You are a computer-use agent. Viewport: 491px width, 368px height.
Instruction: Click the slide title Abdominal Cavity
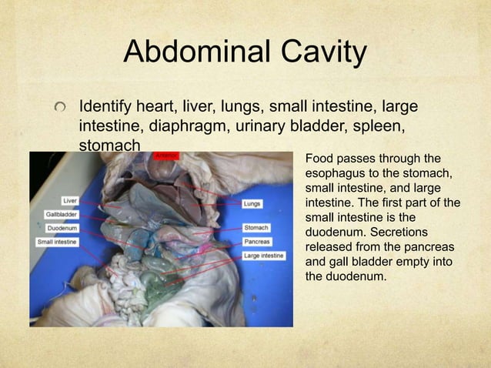coord(245,52)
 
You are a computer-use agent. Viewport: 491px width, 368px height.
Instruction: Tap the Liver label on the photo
coord(70,201)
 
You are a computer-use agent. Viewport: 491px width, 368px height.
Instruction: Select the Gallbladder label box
coord(60,215)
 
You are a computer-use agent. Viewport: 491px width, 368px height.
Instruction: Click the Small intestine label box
coord(56,242)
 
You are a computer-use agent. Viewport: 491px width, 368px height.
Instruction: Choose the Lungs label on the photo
coord(252,204)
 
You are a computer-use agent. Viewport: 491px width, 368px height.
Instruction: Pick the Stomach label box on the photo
coord(256,228)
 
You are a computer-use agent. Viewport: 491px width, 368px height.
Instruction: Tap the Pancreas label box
coord(256,242)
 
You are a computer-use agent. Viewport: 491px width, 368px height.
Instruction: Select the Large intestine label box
coord(263,255)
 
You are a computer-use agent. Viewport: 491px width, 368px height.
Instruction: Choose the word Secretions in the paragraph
coord(406,232)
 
